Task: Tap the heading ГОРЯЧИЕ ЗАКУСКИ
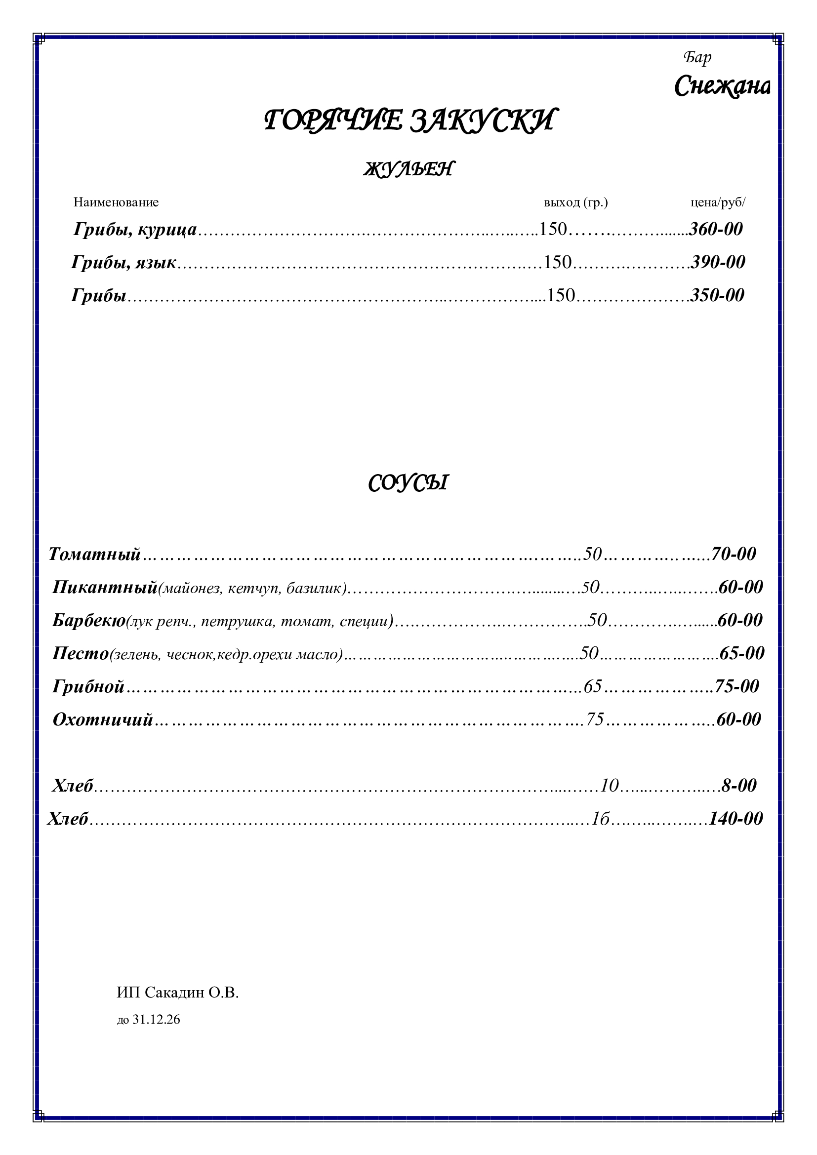coord(408,120)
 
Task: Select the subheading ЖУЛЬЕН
coord(408,169)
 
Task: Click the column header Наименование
coord(116,202)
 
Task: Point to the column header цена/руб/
coord(718,202)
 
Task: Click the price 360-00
coord(716,230)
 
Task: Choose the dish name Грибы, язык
coord(124,263)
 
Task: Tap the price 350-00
coord(717,295)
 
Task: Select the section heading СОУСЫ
coord(408,483)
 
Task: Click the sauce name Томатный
coord(94,555)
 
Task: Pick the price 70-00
coord(734,555)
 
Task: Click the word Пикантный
coord(105,588)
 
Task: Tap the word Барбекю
coord(89,621)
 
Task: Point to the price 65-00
coord(742,654)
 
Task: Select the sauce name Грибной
coord(88,687)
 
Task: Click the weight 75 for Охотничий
coord(595,720)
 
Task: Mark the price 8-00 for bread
coord(739,786)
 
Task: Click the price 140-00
coord(736,819)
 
